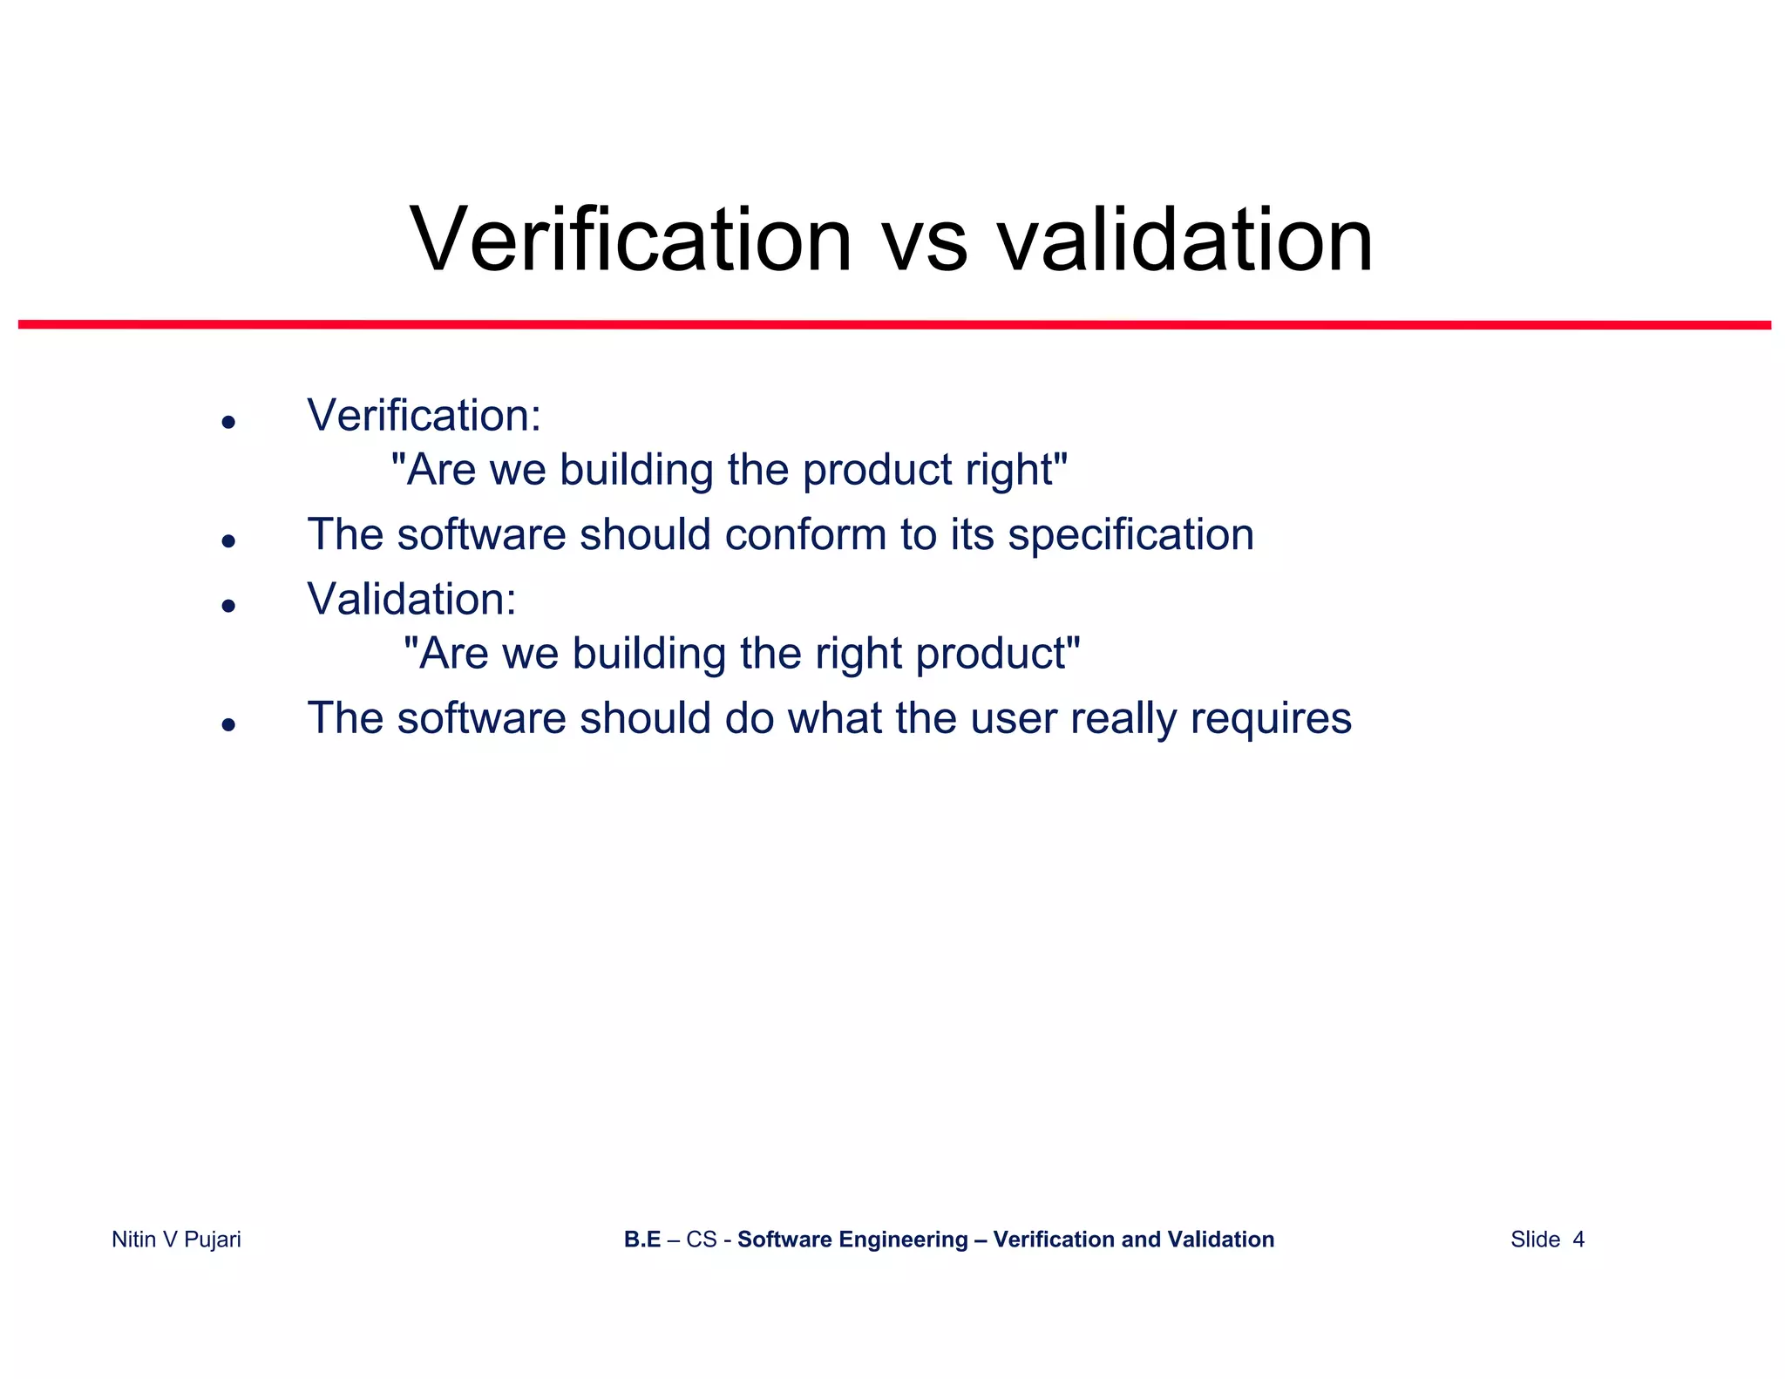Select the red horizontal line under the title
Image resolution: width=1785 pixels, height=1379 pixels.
click(x=894, y=325)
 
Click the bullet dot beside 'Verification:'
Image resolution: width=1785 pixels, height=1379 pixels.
click(x=229, y=423)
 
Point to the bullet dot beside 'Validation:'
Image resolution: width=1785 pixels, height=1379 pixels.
click(x=229, y=606)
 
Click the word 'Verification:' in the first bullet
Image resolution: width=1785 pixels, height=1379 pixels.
click(x=424, y=415)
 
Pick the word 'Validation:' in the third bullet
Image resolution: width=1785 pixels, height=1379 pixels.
click(x=411, y=599)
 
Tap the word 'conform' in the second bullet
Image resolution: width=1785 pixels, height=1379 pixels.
click(x=804, y=534)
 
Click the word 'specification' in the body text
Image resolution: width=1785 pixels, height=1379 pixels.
click(x=1130, y=535)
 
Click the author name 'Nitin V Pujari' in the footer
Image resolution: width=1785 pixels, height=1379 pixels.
click(x=176, y=1240)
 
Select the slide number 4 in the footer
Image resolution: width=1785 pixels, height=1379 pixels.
click(x=1578, y=1240)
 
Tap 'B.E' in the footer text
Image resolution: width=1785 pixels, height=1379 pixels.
click(x=642, y=1240)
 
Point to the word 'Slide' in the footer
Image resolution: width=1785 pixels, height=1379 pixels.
click(x=1535, y=1240)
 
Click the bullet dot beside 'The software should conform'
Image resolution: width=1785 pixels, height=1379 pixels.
click(x=229, y=542)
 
